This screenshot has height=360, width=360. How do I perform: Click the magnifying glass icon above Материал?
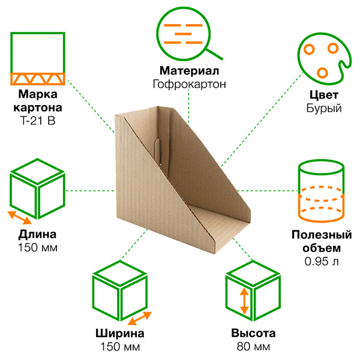[184, 33]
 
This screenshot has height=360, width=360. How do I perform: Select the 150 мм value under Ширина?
[119, 347]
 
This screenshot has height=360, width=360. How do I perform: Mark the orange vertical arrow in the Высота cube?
[244, 301]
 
